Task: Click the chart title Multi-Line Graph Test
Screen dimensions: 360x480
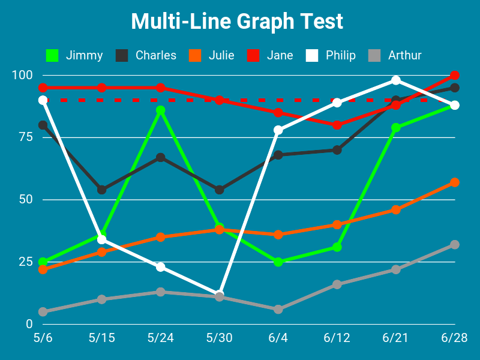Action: pyautogui.click(x=237, y=22)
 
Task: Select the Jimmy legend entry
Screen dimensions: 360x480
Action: pyautogui.click(x=75, y=55)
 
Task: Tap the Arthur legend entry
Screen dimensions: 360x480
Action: pyautogui.click(x=396, y=55)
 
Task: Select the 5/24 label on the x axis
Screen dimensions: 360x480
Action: pyautogui.click(x=161, y=338)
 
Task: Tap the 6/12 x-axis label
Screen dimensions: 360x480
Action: pyautogui.click(x=337, y=338)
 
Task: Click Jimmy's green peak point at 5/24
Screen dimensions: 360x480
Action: pyautogui.click(x=161, y=110)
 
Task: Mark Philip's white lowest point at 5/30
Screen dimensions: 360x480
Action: pyautogui.click(x=220, y=294)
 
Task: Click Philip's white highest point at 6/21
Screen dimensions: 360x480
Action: pyautogui.click(x=396, y=80)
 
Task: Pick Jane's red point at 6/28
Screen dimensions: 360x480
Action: pyautogui.click(x=455, y=76)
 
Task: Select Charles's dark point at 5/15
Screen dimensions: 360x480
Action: pyautogui.click(x=102, y=190)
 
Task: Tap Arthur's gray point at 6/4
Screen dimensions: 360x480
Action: pyautogui.click(x=278, y=310)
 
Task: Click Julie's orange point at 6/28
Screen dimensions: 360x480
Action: pyautogui.click(x=455, y=182)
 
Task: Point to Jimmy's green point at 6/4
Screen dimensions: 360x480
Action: pyautogui.click(x=278, y=262)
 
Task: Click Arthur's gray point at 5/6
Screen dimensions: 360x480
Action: pyautogui.click(x=43, y=312)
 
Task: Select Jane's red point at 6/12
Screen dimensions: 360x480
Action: pyautogui.click(x=337, y=125)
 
